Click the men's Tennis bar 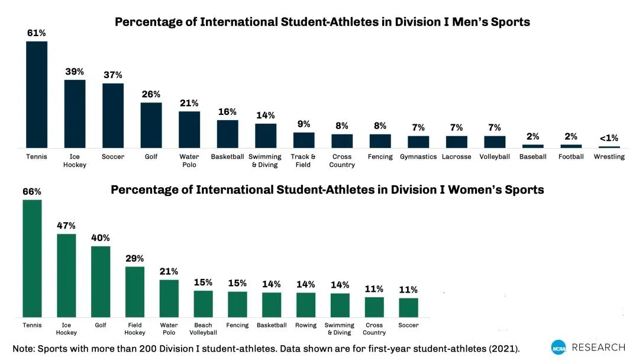[x=37, y=94]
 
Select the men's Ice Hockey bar [x=75, y=114]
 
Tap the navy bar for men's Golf [x=151, y=125]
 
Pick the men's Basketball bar [x=227, y=134]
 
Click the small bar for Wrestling [x=609, y=147]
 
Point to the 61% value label [x=37, y=33]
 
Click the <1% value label [x=609, y=138]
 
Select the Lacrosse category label [x=456, y=157]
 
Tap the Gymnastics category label [x=418, y=157]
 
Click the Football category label [x=571, y=157]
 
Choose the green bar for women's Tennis [x=32, y=258]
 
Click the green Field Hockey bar [x=135, y=291]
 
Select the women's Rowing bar [x=306, y=304]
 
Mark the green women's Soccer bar [x=408, y=307]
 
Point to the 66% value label [x=32, y=192]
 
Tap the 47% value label [x=66, y=226]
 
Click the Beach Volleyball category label [x=203, y=329]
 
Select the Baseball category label [x=532, y=157]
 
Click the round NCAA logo [x=559, y=348]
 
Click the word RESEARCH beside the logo [x=598, y=348]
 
